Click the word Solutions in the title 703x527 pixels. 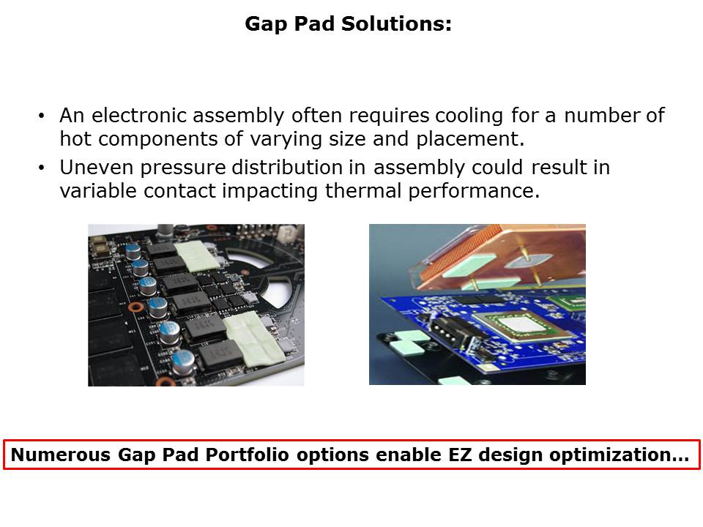click(396, 23)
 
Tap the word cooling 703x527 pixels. click(469, 116)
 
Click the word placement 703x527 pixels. click(470, 140)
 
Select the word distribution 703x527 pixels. click(287, 168)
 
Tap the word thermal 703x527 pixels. click(363, 191)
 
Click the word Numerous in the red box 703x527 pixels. click(61, 455)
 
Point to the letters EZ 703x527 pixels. click(460, 455)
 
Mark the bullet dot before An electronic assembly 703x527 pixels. click(42, 116)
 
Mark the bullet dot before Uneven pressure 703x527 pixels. click(42, 168)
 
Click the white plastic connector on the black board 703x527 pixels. click(285, 233)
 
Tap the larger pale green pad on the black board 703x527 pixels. click(253, 338)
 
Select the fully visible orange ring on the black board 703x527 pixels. click(136, 307)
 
